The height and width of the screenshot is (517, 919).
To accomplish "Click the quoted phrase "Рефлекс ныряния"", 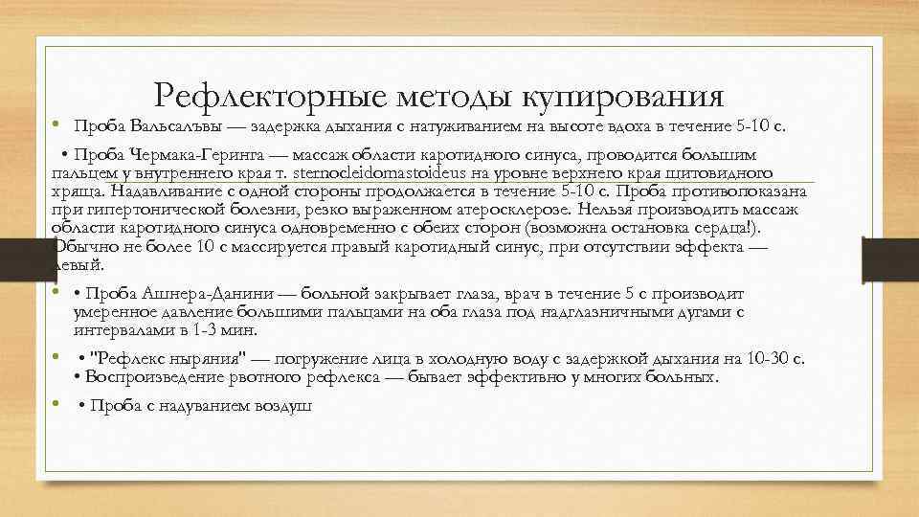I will [x=169, y=359].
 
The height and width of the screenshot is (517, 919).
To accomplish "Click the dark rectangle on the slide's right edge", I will [x=890, y=259].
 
